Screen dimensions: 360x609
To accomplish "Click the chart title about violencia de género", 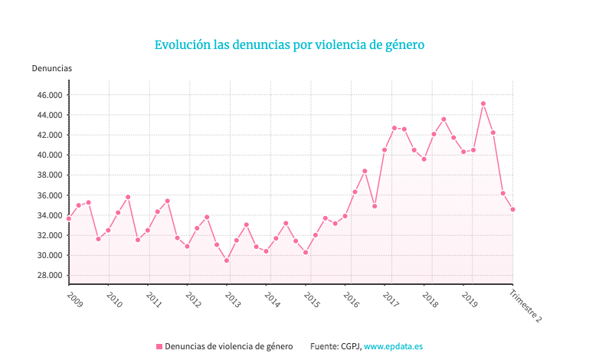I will click(290, 45).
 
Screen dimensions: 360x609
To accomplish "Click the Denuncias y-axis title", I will click(52, 68).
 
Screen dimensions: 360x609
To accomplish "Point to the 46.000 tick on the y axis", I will click(48, 95).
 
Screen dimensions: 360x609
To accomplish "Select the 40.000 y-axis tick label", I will click(48, 155).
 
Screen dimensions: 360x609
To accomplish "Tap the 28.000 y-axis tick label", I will click(48, 275).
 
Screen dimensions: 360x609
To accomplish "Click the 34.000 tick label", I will click(48, 215).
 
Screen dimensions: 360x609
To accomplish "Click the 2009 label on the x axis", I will click(74, 297).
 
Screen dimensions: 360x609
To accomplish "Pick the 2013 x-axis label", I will click(232, 299).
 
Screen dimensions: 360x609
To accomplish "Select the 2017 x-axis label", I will click(390, 299).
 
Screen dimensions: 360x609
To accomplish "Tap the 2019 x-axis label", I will click(470, 299).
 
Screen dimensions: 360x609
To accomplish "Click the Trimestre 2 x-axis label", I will click(526, 306).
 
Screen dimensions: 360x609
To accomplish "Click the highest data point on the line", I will click(483, 103).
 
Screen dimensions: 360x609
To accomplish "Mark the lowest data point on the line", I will click(227, 260).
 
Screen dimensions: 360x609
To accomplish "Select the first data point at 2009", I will click(69, 218).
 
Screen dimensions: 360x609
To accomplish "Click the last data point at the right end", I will click(512, 209).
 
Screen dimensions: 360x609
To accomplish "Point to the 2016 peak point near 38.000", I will click(365, 171).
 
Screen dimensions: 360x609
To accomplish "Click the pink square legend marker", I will click(159, 347).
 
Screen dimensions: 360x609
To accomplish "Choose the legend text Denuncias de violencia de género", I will click(228, 347).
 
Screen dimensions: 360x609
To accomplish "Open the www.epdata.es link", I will click(393, 347).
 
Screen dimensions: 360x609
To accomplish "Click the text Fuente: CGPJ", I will click(335, 347).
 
